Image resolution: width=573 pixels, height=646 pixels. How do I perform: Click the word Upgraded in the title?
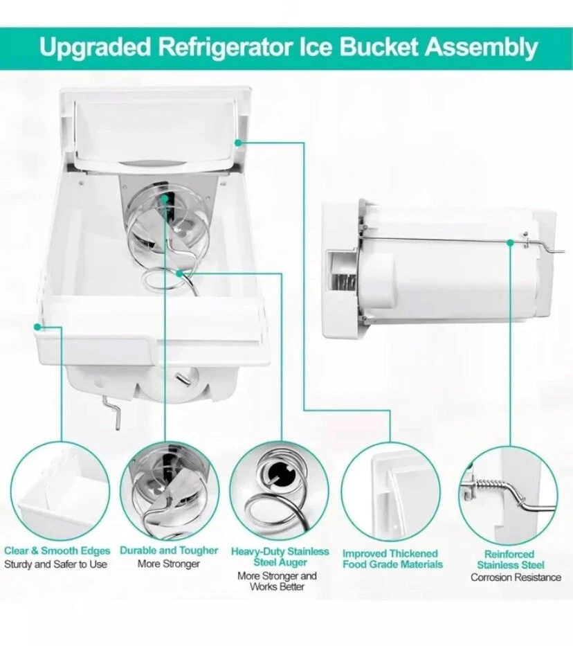tap(95, 47)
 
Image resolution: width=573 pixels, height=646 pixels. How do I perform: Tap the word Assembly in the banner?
tap(482, 47)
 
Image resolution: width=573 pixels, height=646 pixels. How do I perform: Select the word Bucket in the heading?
tap(379, 46)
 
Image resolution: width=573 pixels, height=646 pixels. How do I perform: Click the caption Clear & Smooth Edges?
tap(57, 551)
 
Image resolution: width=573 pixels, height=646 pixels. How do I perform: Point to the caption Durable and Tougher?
tap(169, 551)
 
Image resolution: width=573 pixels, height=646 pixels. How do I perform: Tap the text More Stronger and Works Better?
tap(277, 581)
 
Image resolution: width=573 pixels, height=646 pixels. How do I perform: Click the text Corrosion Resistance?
tap(516, 577)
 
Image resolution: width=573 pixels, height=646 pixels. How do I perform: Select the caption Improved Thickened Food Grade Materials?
tap(392, 559)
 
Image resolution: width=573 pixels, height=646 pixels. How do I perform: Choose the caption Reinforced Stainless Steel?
tap(510, 559)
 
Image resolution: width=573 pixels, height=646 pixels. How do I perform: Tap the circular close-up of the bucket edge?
tap(60, 490)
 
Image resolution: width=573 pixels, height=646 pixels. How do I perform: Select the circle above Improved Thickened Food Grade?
tap(391, 492)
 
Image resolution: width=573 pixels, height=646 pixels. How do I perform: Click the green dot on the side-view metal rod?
tap(511, 243)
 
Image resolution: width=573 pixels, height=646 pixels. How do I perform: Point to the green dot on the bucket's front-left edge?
tap(37, 327)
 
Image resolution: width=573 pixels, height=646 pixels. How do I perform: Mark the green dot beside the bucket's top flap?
tap(238, 143)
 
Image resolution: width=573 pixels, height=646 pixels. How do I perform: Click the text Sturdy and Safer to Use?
tap(55, 564)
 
